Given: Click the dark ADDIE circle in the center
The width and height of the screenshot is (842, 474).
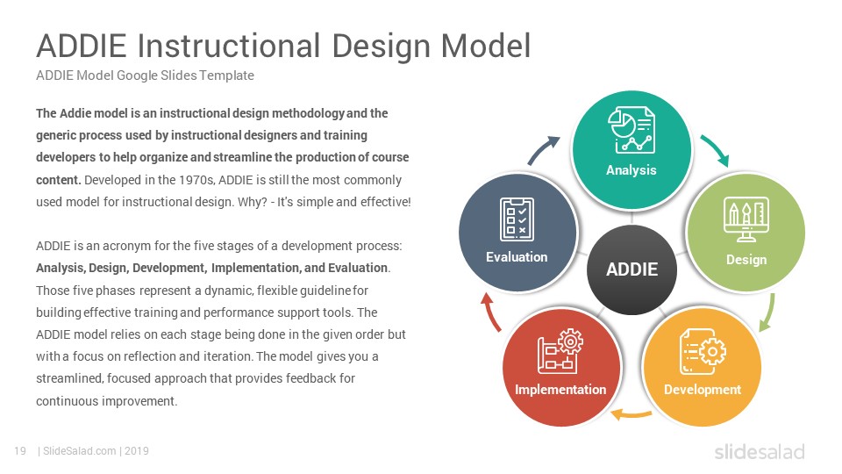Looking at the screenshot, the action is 632,269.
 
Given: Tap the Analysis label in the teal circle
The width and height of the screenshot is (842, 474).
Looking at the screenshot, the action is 631,170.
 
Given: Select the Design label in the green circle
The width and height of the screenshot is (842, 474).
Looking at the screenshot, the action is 746,260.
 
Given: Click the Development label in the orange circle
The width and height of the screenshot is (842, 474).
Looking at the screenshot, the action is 703,389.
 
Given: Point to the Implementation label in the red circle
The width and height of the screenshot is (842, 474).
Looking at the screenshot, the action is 560,389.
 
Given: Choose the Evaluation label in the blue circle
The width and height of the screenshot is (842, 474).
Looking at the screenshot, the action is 517,257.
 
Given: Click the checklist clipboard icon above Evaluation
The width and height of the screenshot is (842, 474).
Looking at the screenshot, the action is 517,219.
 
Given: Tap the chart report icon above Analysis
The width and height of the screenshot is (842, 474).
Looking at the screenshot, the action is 631,130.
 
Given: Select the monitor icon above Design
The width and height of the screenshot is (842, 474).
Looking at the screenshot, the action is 746,219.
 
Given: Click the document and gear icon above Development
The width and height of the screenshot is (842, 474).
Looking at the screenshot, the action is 703,351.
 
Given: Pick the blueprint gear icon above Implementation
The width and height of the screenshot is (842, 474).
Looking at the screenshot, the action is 560,351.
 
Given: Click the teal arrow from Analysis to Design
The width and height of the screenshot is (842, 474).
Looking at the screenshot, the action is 717,148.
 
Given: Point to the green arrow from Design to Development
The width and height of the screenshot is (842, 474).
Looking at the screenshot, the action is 768,312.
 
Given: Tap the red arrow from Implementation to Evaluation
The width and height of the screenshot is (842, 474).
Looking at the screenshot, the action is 490,312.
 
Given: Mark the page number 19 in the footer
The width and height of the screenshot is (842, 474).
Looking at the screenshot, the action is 20,451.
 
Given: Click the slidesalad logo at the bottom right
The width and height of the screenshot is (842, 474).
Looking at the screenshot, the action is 760,451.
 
